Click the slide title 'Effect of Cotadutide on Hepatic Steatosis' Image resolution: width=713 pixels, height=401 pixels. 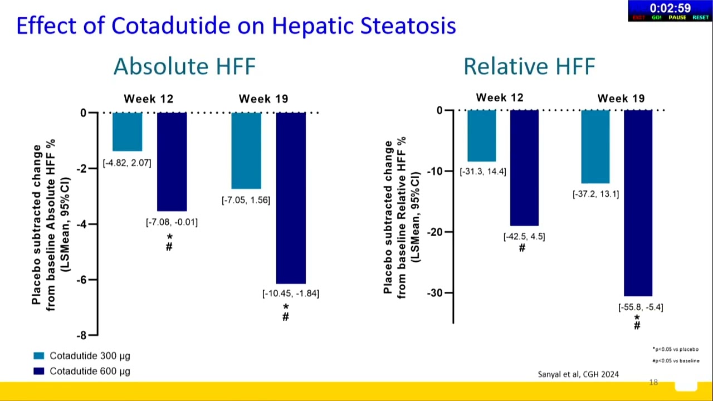click(236, 26)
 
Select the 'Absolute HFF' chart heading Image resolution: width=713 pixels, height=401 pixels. click(184, 67)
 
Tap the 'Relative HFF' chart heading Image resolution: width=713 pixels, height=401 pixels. click(529, 67)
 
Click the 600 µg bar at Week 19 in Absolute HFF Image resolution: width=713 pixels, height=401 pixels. click(291, 198)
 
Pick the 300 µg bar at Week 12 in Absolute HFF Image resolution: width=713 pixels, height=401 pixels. click(127, 132)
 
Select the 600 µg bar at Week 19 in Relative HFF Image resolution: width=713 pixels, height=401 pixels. click(638, 203)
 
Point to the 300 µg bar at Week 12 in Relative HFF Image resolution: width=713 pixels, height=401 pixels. click(481, 136)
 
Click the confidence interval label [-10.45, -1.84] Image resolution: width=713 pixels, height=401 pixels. click(291, 294)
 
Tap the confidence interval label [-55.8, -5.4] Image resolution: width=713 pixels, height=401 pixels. click(641, 307)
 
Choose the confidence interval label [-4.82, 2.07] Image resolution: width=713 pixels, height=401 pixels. click(127, 163)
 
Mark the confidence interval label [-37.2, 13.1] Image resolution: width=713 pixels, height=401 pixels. click(595, 194)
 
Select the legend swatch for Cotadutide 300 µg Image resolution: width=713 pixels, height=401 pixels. click(38, 356)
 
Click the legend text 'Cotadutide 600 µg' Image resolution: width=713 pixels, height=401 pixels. click(90, 371)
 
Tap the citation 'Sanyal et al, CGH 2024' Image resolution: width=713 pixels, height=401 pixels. click(578, 374)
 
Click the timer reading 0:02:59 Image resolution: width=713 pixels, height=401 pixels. click(670, 8)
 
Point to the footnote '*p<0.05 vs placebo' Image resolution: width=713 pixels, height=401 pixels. click(675, 349)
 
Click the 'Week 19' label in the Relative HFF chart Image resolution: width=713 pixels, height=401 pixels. click(621, 99)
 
